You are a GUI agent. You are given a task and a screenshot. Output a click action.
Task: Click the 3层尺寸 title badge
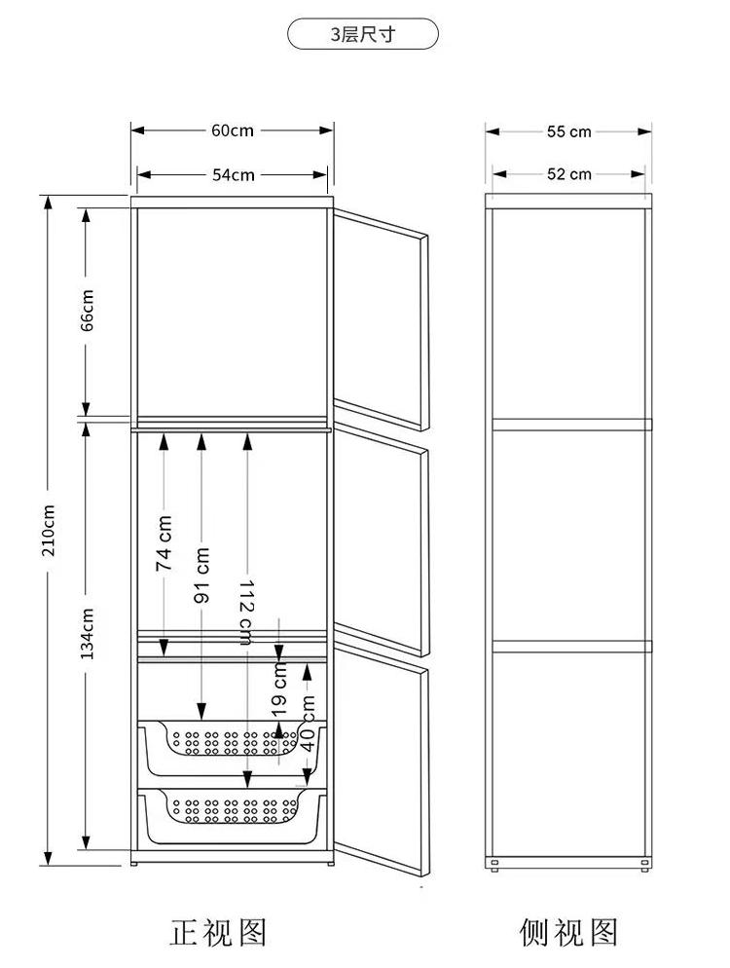tap(363, 34)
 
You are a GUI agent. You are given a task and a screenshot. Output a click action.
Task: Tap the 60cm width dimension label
tap(233, 130)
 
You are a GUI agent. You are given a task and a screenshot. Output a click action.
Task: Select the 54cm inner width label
tap(234, 175)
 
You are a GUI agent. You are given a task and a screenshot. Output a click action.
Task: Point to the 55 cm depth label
tap(569, 131)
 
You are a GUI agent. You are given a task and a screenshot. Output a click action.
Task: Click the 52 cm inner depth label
tap(569, 174)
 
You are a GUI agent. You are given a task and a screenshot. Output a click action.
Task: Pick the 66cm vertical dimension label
tap(87, 311)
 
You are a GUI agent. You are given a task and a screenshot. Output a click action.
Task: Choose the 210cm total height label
tap(48, 531)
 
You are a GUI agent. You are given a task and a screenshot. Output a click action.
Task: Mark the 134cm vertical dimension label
tap(87, 633)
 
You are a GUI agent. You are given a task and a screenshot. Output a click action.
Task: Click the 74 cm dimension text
tap(164, 543)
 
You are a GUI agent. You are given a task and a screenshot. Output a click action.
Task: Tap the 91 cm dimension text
tap(201, 576)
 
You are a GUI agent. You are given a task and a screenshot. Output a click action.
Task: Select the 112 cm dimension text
tap(245, 613)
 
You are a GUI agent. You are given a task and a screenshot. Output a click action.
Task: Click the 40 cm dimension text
tap(308, 723)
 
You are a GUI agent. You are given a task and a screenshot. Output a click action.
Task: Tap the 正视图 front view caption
tap(218, 932)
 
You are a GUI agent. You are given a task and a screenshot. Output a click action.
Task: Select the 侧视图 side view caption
tap(568, 932)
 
